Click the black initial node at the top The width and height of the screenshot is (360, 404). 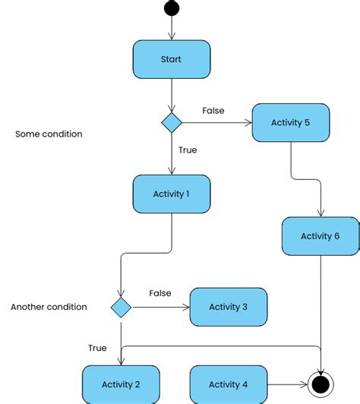171,8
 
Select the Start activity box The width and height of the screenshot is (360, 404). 171,59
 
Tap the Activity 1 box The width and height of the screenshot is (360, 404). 171,194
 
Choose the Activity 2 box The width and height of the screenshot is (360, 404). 121,383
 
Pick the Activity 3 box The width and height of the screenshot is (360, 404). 228,307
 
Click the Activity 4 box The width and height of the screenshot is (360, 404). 228,383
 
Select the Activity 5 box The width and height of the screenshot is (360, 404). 291,122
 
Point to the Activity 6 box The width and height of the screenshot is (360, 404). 320,236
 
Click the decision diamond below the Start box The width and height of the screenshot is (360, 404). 171,122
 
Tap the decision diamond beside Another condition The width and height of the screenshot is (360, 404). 121,307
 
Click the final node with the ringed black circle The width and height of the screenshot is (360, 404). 320,384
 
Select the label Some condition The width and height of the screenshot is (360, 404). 49,134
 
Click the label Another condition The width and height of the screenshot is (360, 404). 49,307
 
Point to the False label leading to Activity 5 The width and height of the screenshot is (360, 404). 213,111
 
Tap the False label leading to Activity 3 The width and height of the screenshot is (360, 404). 159,293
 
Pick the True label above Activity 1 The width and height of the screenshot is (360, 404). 187,150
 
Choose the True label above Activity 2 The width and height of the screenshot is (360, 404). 97,348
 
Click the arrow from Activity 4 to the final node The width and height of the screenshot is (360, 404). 287,384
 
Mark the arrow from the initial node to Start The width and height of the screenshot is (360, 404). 171,28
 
